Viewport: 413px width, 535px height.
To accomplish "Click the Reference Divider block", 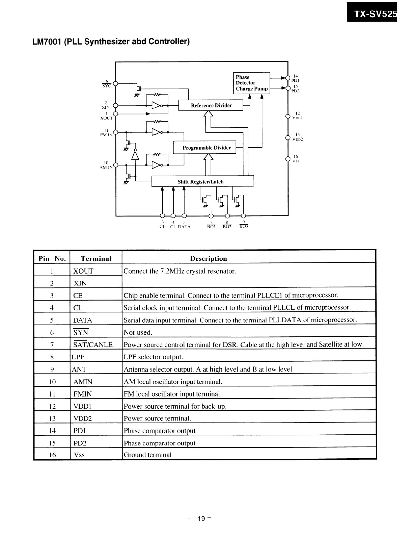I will point(211,105).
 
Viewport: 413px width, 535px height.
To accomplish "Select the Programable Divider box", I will point(206,148).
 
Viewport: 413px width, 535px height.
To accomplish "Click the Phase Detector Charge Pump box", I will point(252,83).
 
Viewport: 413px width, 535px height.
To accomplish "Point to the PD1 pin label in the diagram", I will point(295,80).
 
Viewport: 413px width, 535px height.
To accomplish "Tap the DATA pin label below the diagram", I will point(184,227).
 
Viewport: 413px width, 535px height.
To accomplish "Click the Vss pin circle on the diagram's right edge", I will point(288,159).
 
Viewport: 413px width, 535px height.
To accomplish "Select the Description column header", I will point(208,259).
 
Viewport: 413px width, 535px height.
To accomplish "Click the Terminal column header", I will point(96,259).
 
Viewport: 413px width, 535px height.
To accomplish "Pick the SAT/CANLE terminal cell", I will point(93,345).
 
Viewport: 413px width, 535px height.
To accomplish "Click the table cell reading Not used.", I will point(138,332).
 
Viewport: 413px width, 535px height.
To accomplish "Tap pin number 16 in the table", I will point(52,455).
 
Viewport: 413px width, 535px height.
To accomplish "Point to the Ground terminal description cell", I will point(147,455).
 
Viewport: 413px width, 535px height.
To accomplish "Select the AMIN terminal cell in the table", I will point(83,382).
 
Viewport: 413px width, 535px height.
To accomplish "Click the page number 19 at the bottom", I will point(201,518).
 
